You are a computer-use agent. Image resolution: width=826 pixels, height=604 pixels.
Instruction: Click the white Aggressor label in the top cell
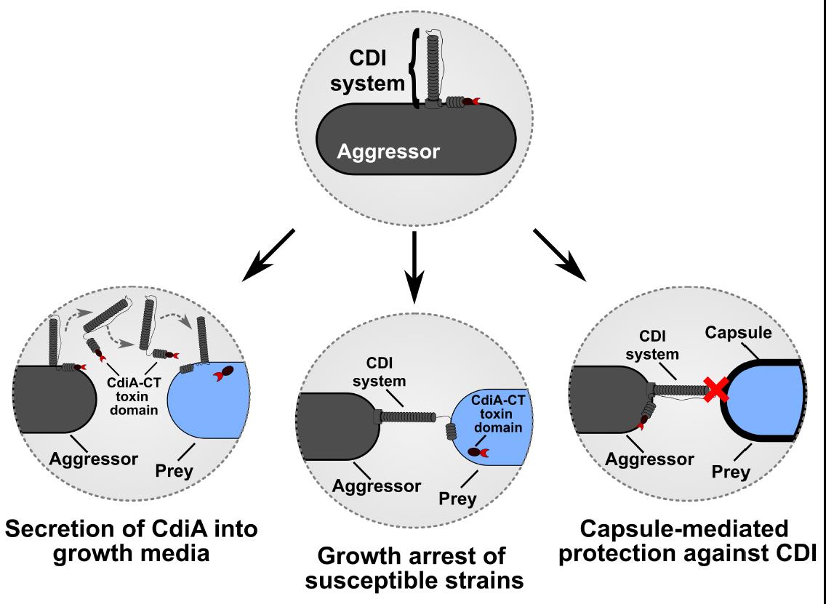click(x=388, y=153)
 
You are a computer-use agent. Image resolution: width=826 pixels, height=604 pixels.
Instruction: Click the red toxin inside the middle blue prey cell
click(x=478, y=451)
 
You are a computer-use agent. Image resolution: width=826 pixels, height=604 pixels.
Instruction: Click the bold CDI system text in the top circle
click(x=365, y=69)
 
